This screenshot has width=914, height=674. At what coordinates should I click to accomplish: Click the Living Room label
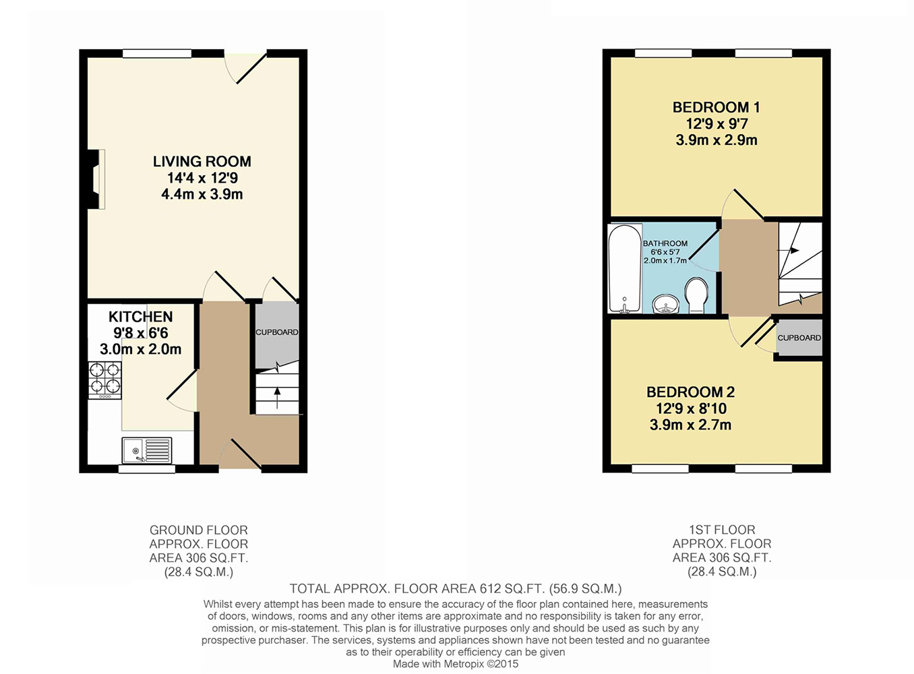tap(202, 162)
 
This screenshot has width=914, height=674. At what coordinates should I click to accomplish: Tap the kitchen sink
tap(147, 450)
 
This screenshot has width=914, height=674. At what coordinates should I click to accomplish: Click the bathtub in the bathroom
tap(624, 269)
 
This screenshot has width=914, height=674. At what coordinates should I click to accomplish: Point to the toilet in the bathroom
tap(696, 297)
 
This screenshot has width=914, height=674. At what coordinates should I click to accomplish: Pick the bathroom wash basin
tap(667, 305)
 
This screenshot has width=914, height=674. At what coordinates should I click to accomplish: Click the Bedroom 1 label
tap(716, 107)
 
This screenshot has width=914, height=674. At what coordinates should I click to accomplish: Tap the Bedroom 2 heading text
tap(690, 392)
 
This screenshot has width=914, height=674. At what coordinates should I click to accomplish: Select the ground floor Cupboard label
tap(276, 332)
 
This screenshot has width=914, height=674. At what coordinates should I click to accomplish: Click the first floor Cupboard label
tap(799, 338)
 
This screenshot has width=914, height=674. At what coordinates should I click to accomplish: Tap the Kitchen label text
tap(140, 317)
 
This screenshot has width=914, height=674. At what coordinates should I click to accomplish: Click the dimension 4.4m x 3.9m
tap(202, 194)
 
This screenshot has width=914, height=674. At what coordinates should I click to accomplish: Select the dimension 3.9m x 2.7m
tap(690, 425)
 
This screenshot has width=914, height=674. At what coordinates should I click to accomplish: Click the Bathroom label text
tap(665, 243)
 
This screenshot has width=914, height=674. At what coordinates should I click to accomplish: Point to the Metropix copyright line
tap(456, 664)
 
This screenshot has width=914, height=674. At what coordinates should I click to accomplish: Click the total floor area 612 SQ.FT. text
tap(456, 589)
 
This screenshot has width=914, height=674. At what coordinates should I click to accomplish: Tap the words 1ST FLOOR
tap(722, 530)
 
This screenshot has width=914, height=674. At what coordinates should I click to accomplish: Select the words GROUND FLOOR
tap(199, 530)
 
